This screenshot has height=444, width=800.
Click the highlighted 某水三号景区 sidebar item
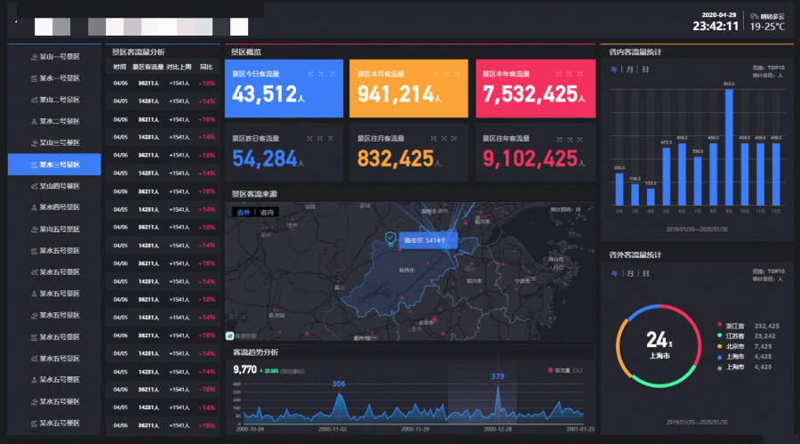(54, 164)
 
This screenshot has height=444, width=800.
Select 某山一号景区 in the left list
(54, 56)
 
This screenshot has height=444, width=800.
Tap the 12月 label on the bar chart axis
(776, 212)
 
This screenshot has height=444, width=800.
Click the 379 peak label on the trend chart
(498, 376)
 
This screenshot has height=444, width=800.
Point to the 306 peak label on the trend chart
(339, 383)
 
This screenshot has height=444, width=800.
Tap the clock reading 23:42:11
(716, 26)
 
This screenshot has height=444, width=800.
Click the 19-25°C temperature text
(767, 27)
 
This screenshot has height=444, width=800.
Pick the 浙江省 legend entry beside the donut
(735, 326)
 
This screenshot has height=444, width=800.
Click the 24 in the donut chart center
(656, 339)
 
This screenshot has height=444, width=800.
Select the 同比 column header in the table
(206, 67)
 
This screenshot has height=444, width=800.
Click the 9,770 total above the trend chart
(244, 369)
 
